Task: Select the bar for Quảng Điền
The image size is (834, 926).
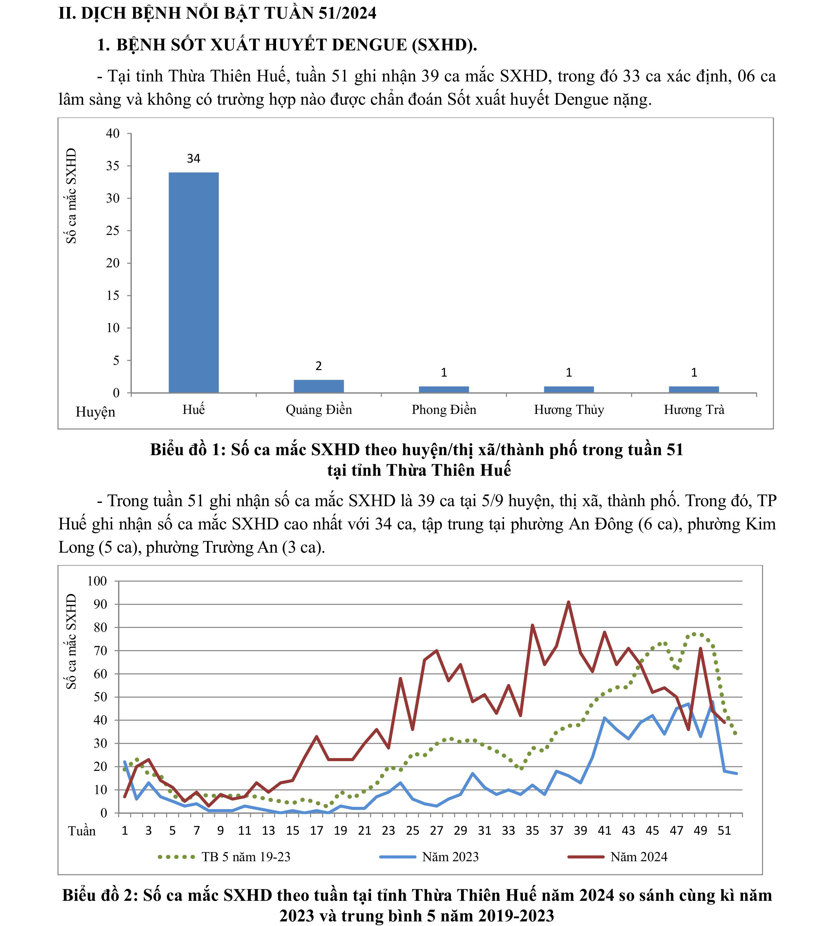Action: [x=319, y=386]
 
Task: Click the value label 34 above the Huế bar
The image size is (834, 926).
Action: [x=193, y=159]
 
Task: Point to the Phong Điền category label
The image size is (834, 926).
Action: [x=443, y=409]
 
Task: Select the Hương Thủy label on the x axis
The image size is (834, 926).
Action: [x=569, y=409]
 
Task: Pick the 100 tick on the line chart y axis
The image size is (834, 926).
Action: [x=97, y=581]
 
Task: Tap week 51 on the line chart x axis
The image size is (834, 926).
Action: [x=724, y=831]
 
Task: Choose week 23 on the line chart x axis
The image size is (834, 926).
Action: [x=388, y=831]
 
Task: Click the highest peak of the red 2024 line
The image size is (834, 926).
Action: [x=568, y=602]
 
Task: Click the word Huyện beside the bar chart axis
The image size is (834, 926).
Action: [x=95, y=412]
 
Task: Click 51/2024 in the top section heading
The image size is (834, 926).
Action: [x=347, y=13]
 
